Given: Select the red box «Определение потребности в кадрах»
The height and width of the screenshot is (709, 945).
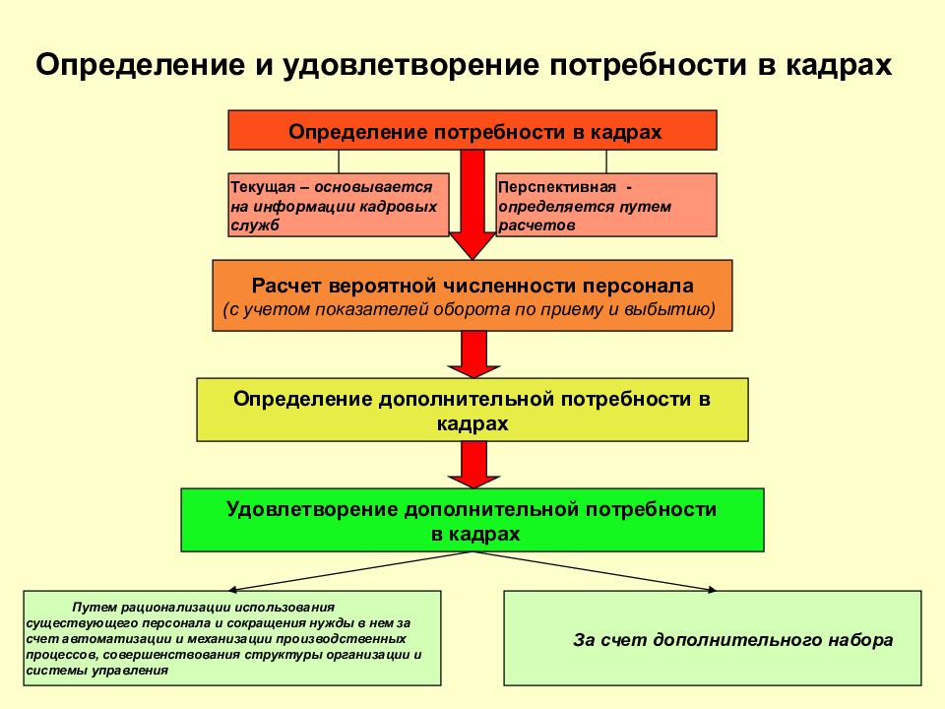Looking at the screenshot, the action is [472, 130].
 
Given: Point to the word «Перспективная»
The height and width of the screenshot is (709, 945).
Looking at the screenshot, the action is [557, 187].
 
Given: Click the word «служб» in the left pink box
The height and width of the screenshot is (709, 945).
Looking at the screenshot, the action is [255, 226].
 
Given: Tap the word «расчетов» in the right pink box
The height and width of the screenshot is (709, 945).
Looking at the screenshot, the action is [536, 226].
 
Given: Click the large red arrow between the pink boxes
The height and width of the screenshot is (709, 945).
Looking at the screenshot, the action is [472, 205].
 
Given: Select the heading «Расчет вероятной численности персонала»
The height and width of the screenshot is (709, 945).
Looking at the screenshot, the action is [472, 286].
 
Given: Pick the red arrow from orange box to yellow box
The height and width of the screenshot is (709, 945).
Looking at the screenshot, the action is [473, 354].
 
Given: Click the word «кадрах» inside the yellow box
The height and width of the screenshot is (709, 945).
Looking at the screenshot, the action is [472, 423].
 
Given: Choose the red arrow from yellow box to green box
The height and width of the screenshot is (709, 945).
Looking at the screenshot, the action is [473, 464].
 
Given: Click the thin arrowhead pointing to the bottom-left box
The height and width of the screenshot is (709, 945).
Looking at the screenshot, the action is [233, 589].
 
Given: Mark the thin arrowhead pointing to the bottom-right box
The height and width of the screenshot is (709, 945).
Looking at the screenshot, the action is [712, 589].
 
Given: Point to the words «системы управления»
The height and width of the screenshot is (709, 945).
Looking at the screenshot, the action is [97, 671].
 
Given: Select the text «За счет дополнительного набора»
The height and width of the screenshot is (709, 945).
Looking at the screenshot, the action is [732, 640].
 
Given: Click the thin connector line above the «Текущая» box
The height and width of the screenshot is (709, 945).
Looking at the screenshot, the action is [339, 161].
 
